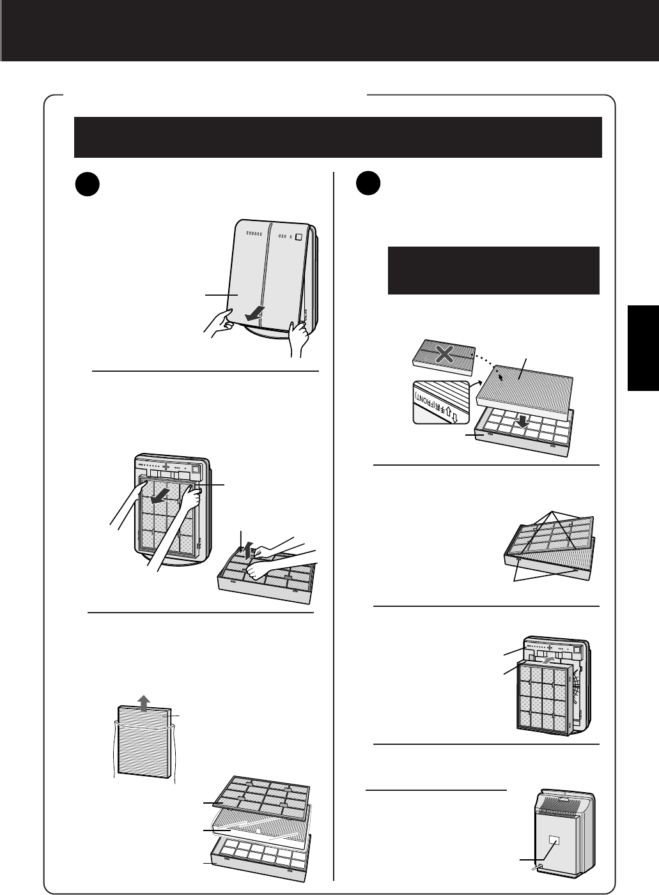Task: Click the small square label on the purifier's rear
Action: pos(554,839)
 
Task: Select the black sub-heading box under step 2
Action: pos(493,270)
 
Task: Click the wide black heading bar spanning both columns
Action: pos(338,137)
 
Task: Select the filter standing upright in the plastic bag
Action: pos(144,744)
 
